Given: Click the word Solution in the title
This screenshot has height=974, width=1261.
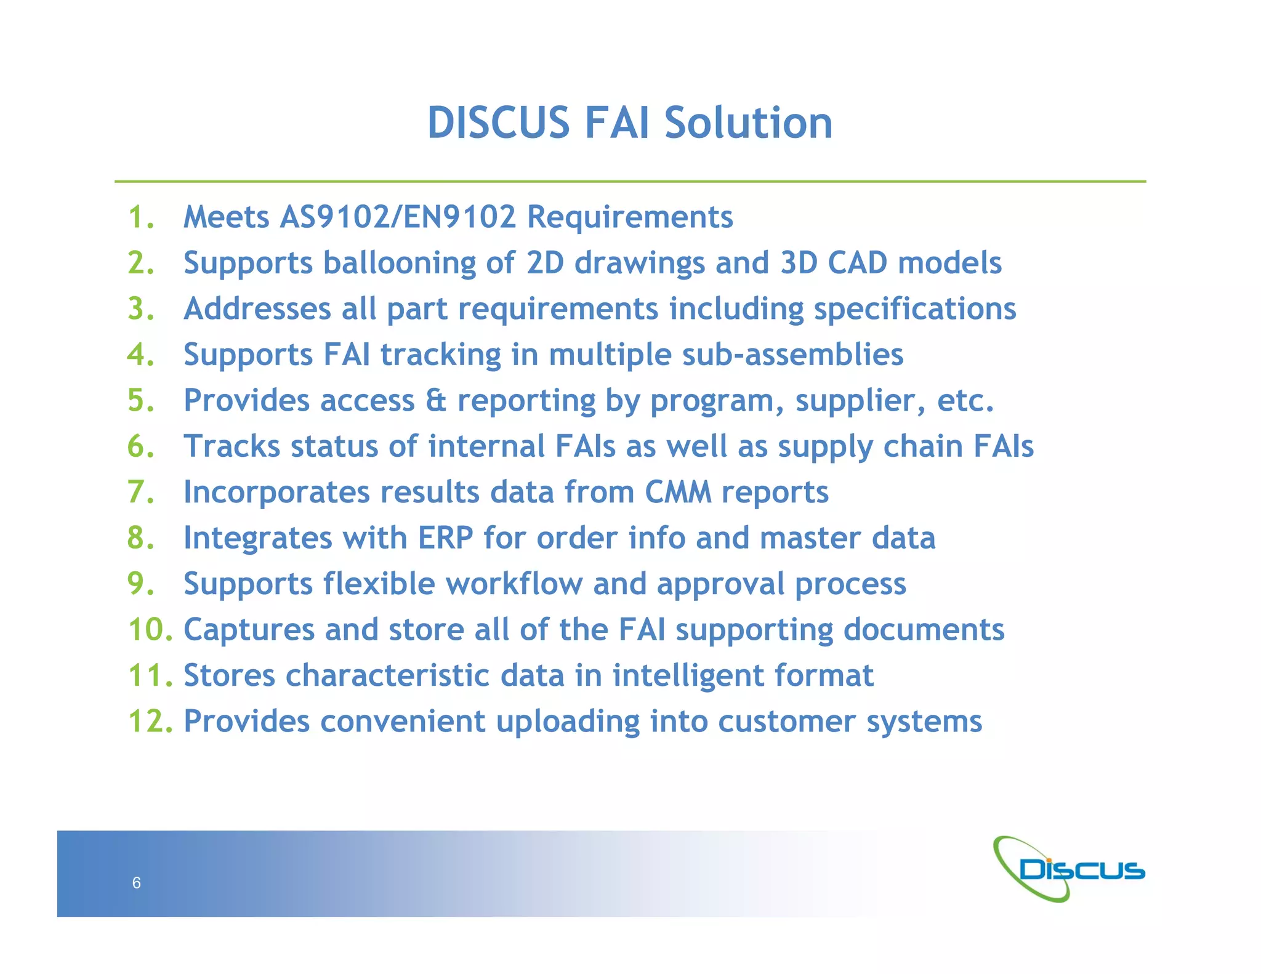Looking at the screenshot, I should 748,123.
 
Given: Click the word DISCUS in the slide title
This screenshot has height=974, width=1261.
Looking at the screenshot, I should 498,123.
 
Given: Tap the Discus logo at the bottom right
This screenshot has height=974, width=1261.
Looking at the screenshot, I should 1070,869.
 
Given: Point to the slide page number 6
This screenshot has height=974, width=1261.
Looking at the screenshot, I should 137,883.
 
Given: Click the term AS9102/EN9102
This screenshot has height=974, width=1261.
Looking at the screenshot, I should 397,217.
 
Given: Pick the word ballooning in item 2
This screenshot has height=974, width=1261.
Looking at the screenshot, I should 400,264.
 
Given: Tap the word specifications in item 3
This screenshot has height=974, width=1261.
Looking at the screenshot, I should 915,309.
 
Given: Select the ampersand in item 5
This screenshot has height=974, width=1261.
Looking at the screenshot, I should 435,401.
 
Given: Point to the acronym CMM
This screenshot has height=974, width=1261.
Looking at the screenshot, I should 678,493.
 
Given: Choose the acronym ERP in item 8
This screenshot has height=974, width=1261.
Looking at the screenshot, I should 445,538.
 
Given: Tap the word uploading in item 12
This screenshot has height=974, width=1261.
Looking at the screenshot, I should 568,722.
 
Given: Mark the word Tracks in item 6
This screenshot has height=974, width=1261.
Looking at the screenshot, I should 232,446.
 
